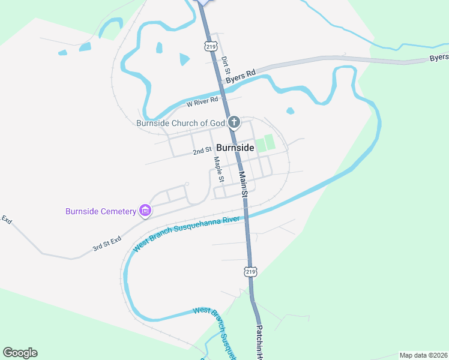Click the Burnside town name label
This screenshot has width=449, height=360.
pos(235,147)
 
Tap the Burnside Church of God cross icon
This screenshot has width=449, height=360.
pos(234,123)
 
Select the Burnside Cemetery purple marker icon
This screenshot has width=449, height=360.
pos(145,211)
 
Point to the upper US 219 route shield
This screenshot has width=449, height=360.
pos(210,46)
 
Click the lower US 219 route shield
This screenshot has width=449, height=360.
pos(251,271)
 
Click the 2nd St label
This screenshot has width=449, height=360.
pos(202,151)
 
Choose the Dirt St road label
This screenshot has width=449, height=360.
pos(226,65)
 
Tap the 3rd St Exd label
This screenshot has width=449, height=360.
pos(107,244)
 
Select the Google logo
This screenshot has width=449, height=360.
pos(20,353)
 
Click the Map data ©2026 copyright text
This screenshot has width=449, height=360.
pos(423,355)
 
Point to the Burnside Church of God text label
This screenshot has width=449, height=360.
pos(181,123)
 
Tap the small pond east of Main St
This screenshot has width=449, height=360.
pos(291,111)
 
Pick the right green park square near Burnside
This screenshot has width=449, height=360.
pos(270,142)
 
